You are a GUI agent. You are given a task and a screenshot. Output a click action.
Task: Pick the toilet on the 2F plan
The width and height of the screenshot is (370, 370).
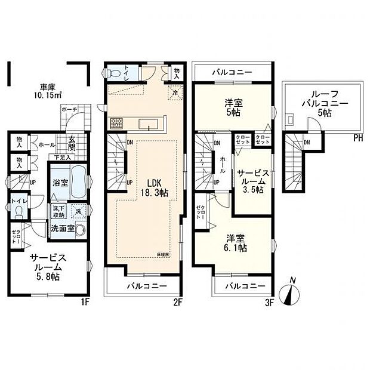tap(115, 72)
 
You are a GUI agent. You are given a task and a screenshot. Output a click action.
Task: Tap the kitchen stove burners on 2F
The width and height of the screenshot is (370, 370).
tap(116, 124)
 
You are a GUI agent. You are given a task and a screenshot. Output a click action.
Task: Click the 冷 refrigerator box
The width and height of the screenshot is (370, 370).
tap(175, 92)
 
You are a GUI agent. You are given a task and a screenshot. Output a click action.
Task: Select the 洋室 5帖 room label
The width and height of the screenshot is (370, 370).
tap(234, 106)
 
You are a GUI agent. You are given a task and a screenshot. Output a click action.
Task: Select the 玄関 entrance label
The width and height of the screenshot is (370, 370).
tap(70, 143)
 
